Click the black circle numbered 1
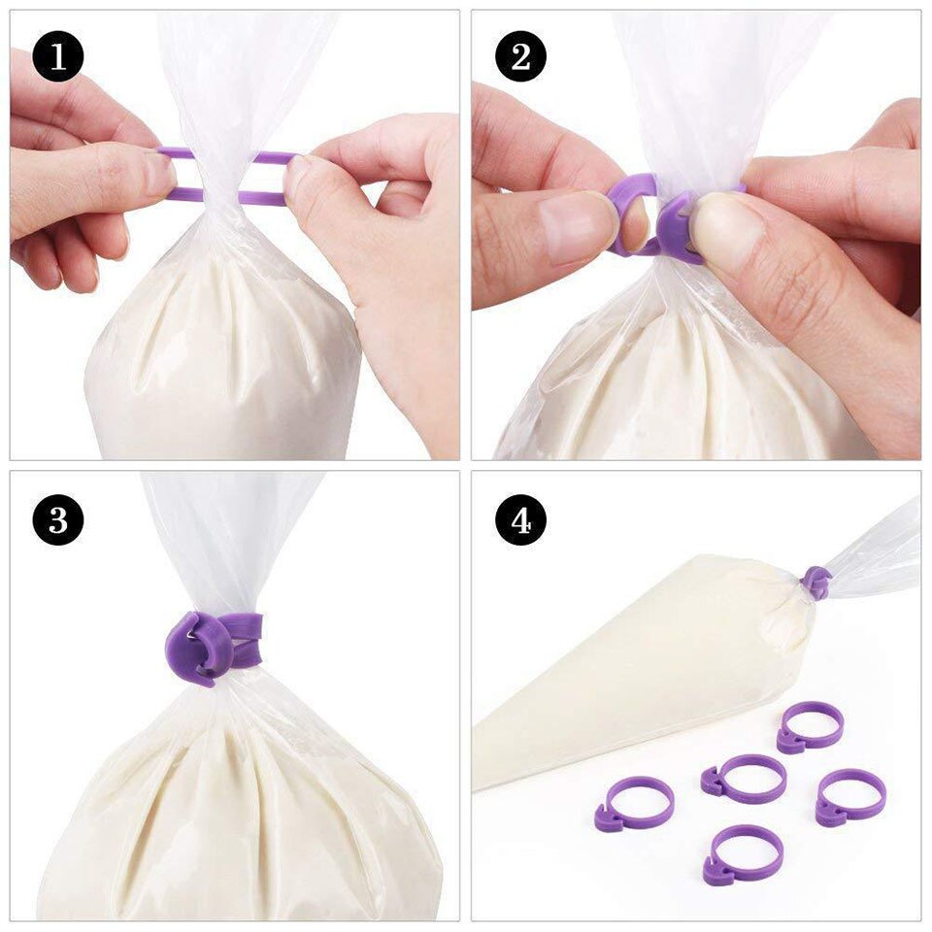click(58, 57)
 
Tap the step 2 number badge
click(520, 57)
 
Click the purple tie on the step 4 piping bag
click(815, 582)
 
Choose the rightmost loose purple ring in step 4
click(850, 797)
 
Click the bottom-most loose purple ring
click(743, 853)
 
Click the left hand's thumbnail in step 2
click(578, 219)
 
